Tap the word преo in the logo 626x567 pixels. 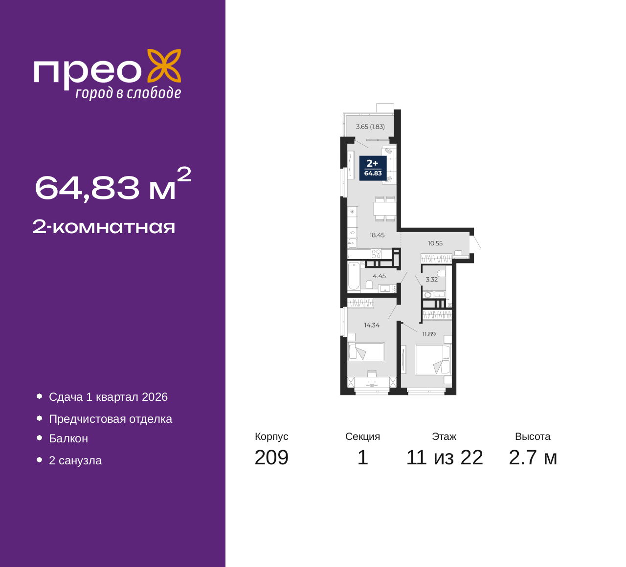tap(88, 74)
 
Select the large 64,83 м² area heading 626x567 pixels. tap(112, 185)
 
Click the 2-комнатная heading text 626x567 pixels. tap(104, 227)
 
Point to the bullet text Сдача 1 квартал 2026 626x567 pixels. tap(108, 397)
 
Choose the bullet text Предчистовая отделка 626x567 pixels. tap(111, 419)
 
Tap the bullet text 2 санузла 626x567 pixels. tap(75, 460)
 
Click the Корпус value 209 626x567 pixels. tap(271, 458)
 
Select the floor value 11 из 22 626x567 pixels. tap(445, 458)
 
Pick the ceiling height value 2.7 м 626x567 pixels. tap(533, 458)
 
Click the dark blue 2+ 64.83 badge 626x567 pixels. tap(373, 168)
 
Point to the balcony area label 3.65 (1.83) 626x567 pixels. tap(370, 127)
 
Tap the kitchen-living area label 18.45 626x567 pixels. tap(377, 235)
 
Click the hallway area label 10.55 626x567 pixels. tap(435, 243)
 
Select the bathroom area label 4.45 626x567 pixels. tap(379, 276)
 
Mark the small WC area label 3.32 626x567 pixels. tap(431, 280)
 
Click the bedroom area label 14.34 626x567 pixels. tap(372, 326)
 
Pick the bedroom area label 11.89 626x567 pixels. tap(429, 334)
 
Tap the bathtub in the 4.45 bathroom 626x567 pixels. tap(354, 276)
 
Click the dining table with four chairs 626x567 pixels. tap(385, 208)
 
